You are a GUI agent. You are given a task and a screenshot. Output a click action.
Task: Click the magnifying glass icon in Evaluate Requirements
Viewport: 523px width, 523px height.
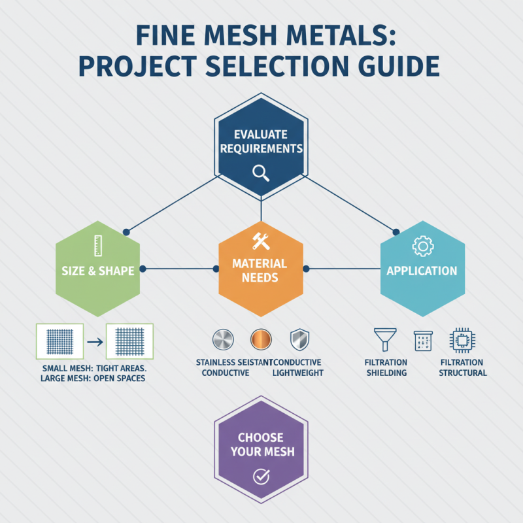coord(261,173)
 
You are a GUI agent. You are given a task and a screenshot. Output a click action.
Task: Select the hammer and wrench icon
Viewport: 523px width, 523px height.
coord(261,241)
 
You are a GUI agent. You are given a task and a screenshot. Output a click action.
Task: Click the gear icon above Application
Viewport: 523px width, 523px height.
coord(422,246)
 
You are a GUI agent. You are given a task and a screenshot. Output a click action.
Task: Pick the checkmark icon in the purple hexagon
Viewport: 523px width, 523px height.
coord(261,477)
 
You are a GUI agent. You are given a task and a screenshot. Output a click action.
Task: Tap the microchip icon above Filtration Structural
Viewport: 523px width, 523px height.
coord(460,340)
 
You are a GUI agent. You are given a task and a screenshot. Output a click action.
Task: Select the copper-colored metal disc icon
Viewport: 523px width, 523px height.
coord(260,340)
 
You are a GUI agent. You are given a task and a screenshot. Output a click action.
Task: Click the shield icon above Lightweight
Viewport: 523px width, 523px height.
coord(298,340)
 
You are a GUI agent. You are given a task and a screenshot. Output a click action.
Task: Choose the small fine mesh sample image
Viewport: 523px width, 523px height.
coord(60,341)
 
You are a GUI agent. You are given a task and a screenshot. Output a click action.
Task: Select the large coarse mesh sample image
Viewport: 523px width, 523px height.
coord(129,341)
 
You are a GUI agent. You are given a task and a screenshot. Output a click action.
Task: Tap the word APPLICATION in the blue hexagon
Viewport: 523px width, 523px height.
coord(422,270)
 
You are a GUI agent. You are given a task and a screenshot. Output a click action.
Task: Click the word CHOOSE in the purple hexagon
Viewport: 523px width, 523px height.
coord(261,437)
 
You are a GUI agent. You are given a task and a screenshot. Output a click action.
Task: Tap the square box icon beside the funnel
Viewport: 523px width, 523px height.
coord(421,340)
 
